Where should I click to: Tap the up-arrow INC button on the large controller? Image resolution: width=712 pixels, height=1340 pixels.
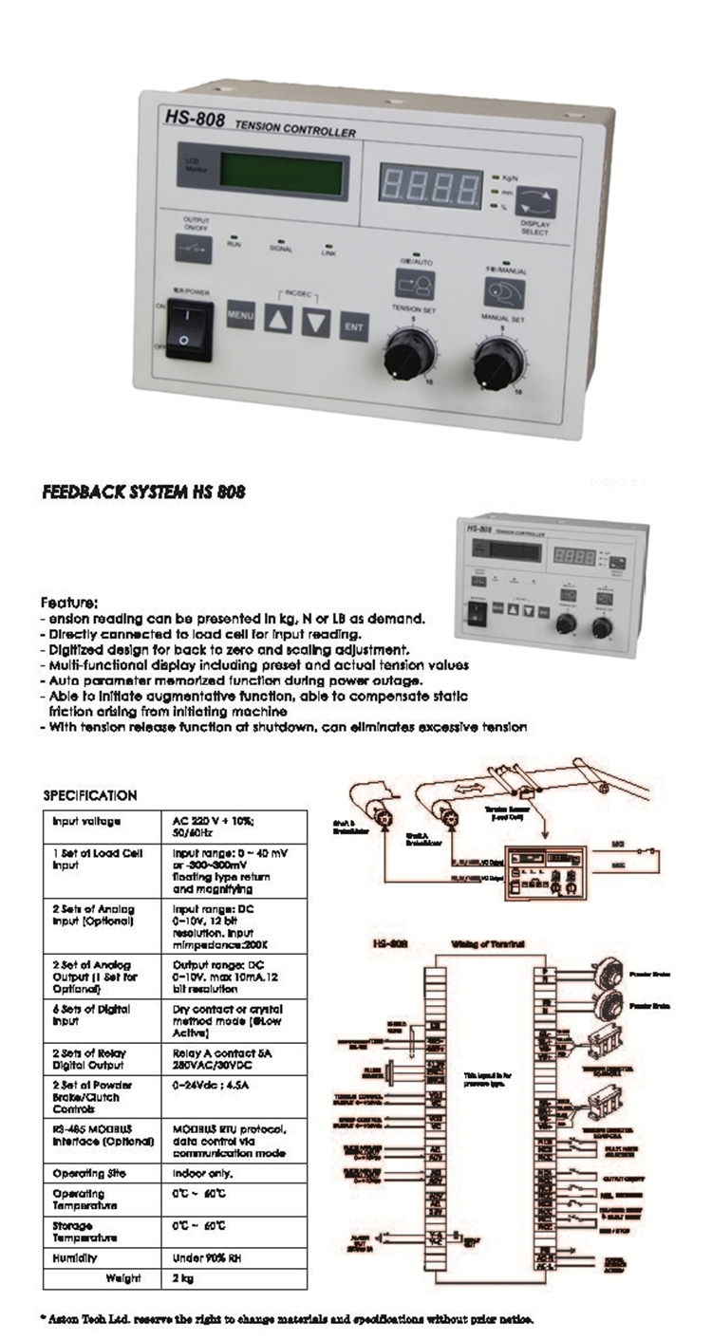(x=278, y=321)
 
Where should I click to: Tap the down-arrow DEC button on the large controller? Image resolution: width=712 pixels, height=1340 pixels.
(x=316, y=324)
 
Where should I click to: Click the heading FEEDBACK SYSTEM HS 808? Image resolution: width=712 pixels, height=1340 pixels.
(x=144, y=493)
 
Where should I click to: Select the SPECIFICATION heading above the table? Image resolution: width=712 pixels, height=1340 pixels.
(x=90, y=795)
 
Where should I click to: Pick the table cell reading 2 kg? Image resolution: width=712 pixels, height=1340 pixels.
(x=182, y=1278)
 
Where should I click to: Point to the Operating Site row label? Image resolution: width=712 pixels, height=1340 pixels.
(x=85, y=1173)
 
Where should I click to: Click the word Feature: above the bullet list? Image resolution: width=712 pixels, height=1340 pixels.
(x=68, y=602)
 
